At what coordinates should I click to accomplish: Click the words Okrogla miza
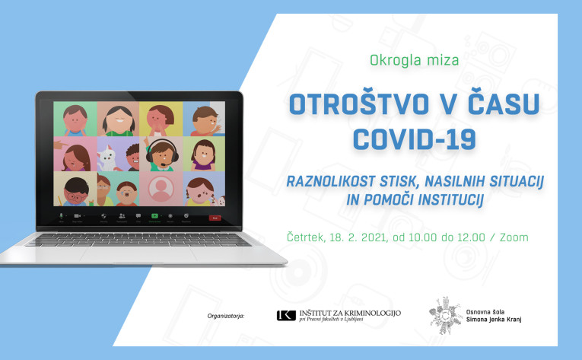(x=414, y=60)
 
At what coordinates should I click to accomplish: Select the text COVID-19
(x=414, y=140)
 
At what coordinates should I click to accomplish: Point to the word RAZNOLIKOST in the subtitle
(x=330, y=181)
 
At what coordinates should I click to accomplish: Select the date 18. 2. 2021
(x=358, y=237)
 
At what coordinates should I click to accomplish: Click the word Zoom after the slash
(x=514, y=237)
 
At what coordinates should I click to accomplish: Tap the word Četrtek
(x=307, y=237)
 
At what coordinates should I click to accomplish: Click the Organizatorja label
(x=226, y=316)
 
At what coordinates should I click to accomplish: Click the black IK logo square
(x=286, y=315)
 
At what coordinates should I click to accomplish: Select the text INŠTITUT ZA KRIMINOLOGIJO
(x=350, y=313)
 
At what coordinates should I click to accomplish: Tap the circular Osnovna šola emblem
(x=446, y=315)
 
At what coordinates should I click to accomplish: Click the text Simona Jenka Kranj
(x=494, y=320)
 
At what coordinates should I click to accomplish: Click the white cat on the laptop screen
(x=107, y=158)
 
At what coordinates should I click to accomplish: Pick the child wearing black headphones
(x=161, y=155)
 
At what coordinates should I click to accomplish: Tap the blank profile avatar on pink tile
(x=161, y=189)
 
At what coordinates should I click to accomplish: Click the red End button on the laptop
(x=215, y=218)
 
